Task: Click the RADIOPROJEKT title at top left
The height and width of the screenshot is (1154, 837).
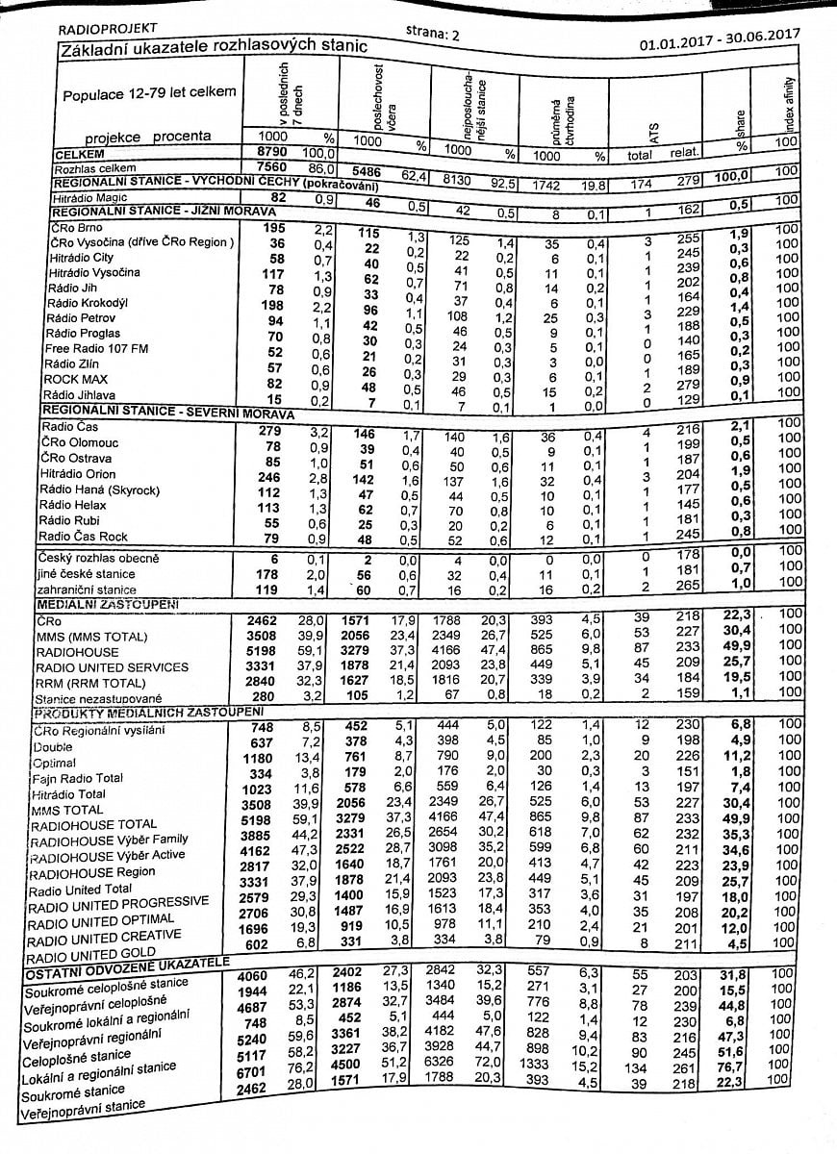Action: [109, 29]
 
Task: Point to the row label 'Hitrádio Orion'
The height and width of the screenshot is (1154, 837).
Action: [78, 474]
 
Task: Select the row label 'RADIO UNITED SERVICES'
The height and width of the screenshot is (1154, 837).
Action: [112, 667]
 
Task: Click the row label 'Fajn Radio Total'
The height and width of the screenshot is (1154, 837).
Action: [78, 778]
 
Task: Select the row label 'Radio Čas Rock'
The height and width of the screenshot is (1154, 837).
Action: [83, 536]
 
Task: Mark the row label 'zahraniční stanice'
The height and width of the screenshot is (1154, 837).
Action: [86, 590]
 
